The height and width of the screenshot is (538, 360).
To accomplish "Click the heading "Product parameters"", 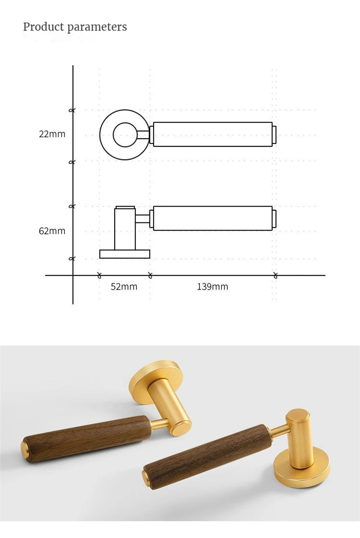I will click(75, 27).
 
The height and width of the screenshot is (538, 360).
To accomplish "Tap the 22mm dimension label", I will click(52, 134).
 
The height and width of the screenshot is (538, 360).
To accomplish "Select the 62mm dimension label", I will click(52, 231).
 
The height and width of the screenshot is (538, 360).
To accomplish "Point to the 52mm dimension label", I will click(124, 287).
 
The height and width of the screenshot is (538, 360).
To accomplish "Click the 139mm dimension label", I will click(212, 287).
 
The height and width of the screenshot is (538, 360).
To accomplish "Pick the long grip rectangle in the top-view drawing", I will click(212, 134).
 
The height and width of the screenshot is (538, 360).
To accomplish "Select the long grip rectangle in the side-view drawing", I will click(212, 218).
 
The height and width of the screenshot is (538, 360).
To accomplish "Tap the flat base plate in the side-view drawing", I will click(125, 254).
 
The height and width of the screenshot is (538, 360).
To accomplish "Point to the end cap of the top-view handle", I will click(274, 134).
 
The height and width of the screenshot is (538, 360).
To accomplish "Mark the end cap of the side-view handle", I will click(274, 218).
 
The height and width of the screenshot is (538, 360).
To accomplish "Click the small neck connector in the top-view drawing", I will click(144, 134).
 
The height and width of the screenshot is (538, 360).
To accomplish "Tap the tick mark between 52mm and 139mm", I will click(150, 275).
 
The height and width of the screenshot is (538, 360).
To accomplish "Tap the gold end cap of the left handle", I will click(26, 449).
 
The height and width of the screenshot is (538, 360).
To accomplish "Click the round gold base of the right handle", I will click(301, 468).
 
